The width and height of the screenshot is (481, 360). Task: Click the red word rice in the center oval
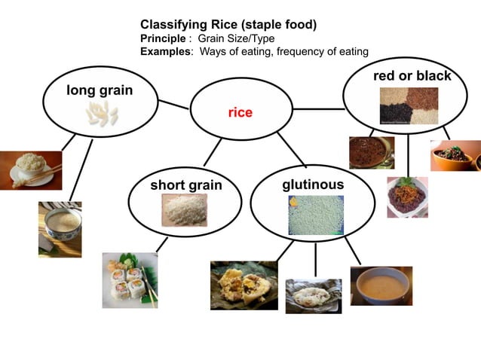[240, 112]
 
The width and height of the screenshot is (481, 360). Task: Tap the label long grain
[100, 90]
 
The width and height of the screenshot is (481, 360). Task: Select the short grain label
[186, 185]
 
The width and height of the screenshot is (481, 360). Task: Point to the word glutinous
[313, 185]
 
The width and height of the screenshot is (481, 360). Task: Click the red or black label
[412, 76]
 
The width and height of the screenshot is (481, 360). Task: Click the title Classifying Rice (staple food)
[228, 25]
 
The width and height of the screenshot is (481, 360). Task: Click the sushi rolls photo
[130, 279]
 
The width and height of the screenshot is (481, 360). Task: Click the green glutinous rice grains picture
[315, 215]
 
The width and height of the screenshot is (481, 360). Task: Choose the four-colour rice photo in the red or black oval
[408, 105]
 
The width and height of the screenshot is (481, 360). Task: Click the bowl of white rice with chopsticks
[30, 169]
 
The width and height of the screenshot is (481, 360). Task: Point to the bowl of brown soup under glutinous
[381, 285]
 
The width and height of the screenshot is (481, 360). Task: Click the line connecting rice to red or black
[317, 108]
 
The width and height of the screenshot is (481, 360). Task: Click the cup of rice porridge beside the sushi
[60, 229]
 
